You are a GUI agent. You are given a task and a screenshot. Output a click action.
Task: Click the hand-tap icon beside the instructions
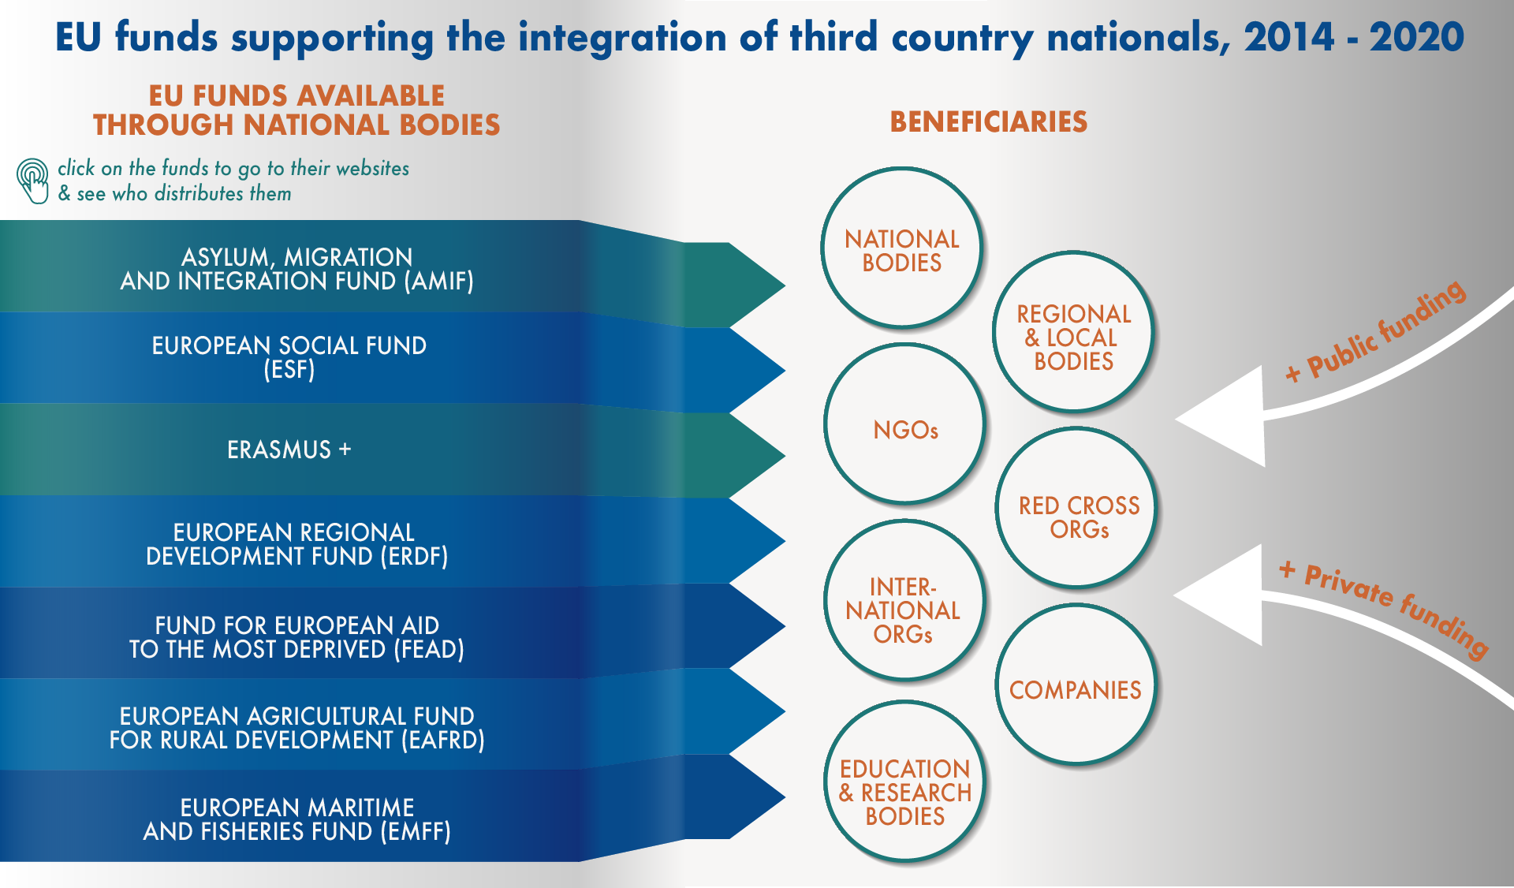33,181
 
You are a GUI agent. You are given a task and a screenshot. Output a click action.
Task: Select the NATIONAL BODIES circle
901,248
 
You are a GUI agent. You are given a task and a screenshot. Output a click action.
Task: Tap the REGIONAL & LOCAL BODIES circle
1073,332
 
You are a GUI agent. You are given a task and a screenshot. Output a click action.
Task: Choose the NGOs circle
905,423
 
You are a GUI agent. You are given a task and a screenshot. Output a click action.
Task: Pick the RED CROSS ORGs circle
1077,508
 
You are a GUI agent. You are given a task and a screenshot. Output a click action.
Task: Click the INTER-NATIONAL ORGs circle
904,600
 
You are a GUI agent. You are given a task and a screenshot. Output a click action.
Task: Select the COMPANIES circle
1076,685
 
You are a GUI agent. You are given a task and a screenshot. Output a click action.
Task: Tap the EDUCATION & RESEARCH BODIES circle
905,782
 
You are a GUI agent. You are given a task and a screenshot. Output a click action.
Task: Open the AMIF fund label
297,269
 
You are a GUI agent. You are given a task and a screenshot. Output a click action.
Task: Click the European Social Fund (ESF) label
289,357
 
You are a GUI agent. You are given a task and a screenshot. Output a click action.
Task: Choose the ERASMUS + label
289,450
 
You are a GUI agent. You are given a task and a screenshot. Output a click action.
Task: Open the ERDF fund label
297,544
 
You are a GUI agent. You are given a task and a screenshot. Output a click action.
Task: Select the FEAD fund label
297,637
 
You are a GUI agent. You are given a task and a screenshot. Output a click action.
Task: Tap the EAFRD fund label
297,728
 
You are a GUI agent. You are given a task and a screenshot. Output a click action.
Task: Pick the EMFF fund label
297,819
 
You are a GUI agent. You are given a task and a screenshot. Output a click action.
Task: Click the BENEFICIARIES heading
989,122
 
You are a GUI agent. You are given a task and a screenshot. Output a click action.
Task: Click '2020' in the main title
1417,37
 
